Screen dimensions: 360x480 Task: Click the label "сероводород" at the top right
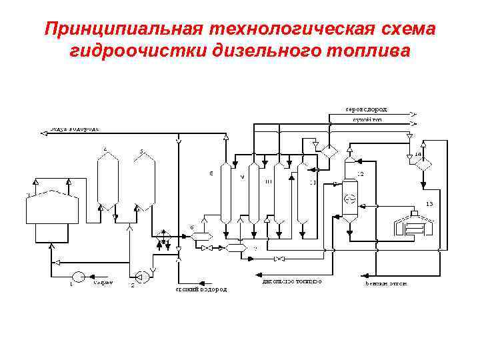(366, 109)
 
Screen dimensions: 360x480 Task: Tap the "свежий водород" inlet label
(201, 289)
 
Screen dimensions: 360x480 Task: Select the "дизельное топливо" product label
(292, 281)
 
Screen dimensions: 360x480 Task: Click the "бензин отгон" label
(387, 283)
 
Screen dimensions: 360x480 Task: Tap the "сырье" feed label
(102, 283)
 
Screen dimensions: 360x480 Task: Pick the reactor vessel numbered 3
(143, 180)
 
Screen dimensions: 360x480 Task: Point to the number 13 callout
(429, 203)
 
